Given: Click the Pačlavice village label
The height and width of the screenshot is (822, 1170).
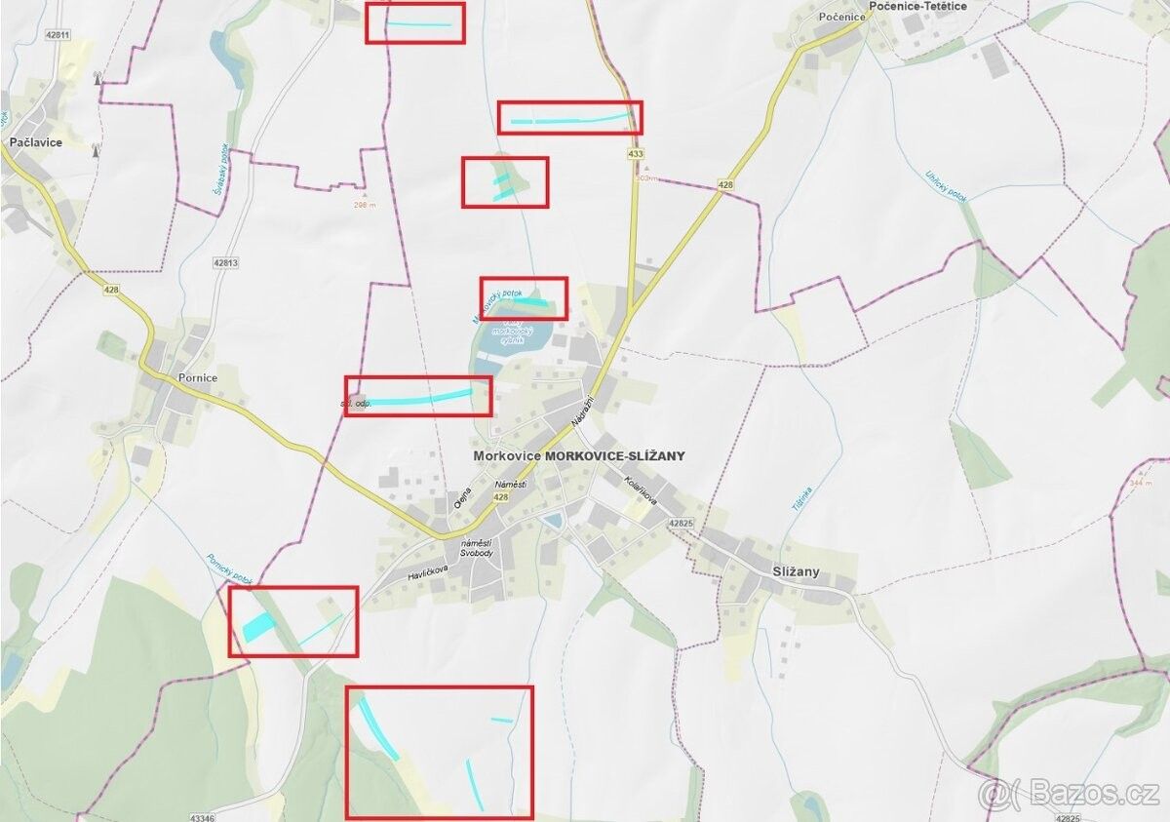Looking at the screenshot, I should click(x=36, y=142).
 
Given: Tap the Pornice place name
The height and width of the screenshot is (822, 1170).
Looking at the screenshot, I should click(x=198, y=377).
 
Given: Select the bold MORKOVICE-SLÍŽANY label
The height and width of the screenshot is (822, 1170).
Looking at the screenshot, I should click(x=615, y=455).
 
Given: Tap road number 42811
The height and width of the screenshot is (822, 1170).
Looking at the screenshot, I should click(x=58, y=35).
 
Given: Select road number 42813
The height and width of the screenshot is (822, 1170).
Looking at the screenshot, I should click(x=225, y=262).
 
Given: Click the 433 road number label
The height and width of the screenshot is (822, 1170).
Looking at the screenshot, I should click(x=636, y=154).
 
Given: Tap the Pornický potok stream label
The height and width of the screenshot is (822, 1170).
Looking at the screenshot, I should click(x=230, y=569).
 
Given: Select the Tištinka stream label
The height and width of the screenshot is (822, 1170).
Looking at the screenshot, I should click(x=802, y=500).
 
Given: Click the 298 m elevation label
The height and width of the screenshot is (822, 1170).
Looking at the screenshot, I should click(x=365, y=205).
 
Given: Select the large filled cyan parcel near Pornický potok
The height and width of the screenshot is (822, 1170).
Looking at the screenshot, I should click(x=258, y=627).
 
